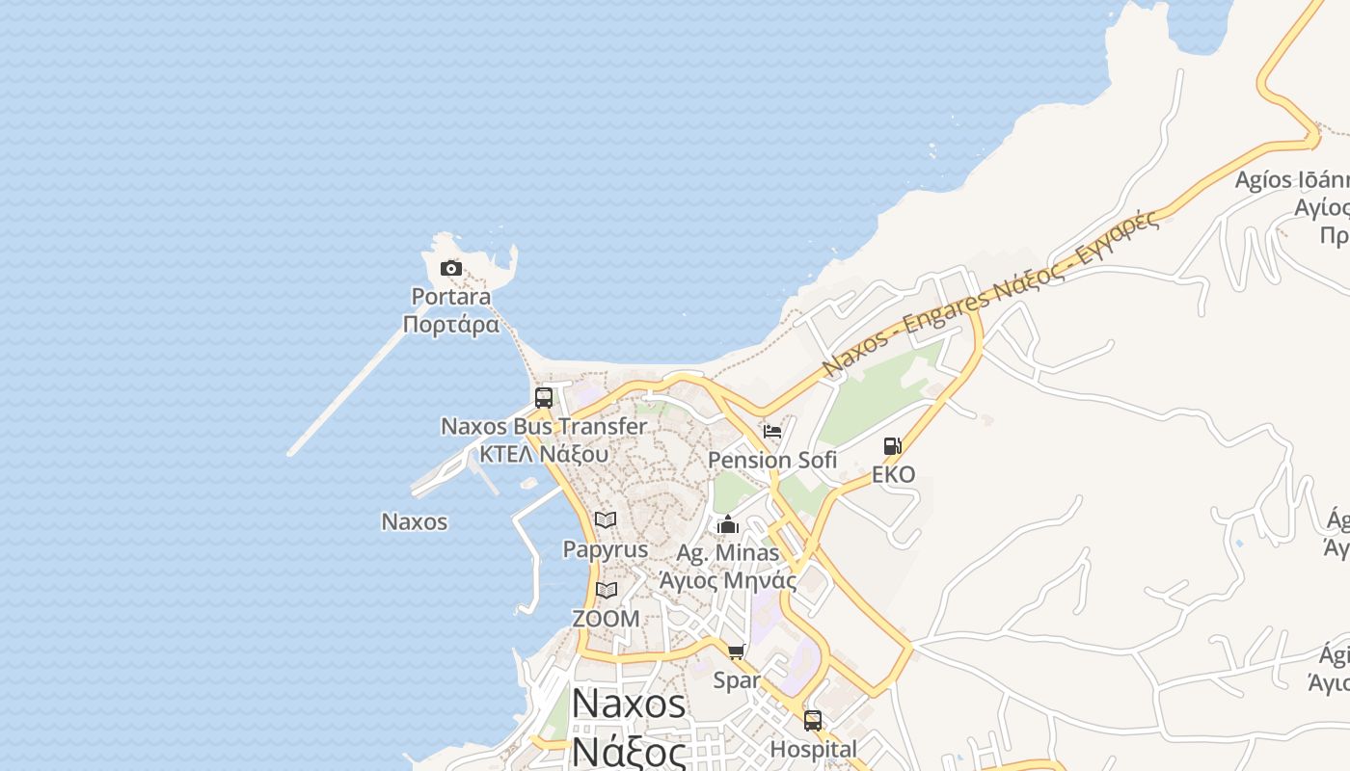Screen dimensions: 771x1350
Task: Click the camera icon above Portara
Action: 450,269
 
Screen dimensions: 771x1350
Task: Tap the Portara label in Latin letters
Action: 450,297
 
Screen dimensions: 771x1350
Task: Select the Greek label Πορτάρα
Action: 450,324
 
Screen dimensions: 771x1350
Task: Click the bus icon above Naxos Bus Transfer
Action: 544,398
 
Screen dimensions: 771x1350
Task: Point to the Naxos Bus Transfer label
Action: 544,426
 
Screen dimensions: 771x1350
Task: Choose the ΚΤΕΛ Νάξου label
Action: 544,453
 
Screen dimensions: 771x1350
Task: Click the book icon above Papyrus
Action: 606,520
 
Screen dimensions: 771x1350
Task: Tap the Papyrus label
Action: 606,549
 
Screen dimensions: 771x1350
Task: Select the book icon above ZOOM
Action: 606,590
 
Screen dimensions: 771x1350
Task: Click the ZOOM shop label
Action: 606,619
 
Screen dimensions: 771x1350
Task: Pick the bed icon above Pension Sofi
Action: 772,431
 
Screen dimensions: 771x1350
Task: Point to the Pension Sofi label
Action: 772,460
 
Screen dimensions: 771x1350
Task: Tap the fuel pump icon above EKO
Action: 893,446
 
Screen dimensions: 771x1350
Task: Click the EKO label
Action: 893,474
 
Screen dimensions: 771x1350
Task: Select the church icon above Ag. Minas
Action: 728,524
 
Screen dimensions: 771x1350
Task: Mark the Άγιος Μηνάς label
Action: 728,580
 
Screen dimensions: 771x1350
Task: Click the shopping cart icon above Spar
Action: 737,652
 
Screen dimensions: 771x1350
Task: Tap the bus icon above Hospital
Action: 813,721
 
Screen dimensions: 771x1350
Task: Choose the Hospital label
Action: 813,749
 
